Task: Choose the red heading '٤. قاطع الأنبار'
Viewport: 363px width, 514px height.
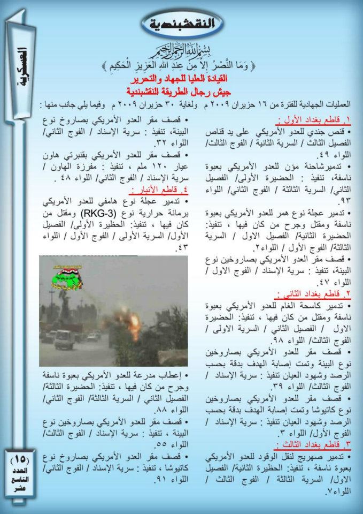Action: click(x=155, y=191)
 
